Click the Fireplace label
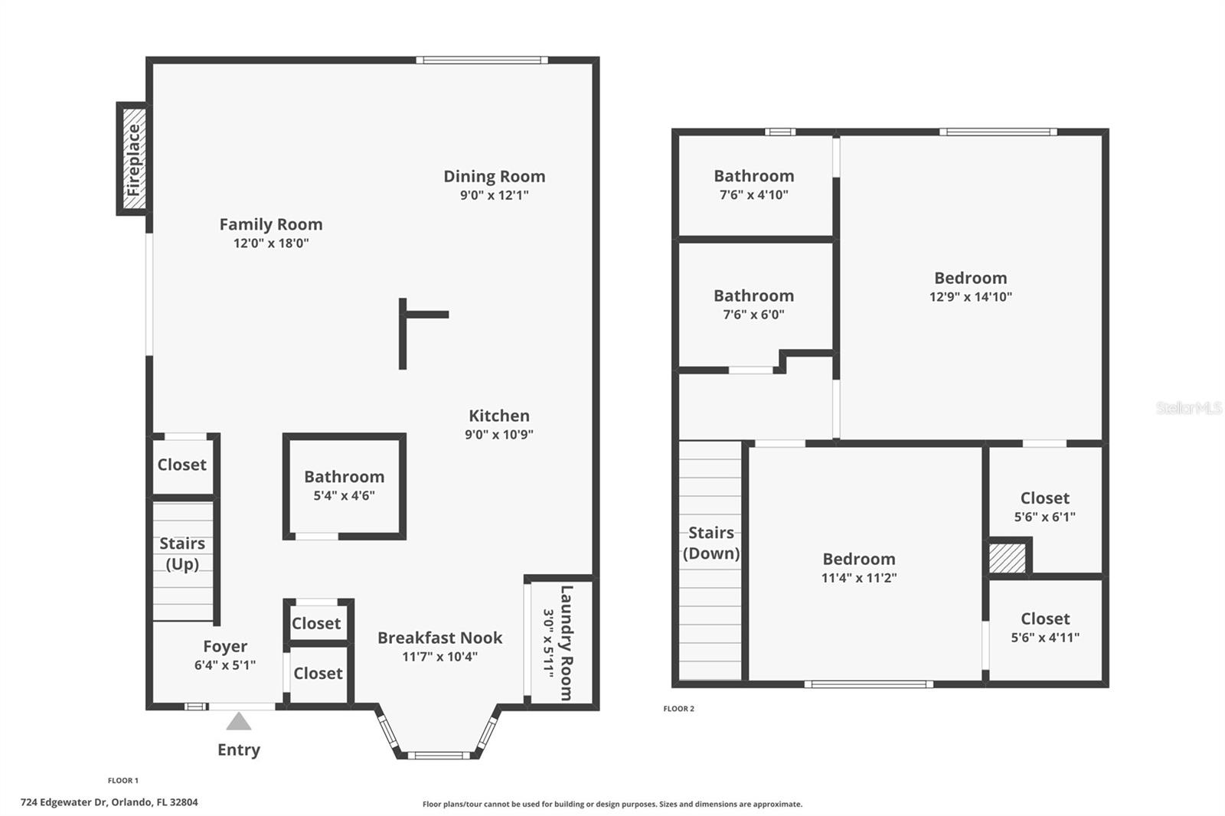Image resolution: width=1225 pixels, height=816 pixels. (x=134, y=159)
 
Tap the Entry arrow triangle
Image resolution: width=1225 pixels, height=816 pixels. (x=239, y=721)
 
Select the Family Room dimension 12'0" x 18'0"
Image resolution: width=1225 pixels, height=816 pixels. (x=271, y=243)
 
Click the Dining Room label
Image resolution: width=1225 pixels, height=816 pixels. (x=494, y=176)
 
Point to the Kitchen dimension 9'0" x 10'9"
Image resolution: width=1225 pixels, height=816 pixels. (x=499, y=435)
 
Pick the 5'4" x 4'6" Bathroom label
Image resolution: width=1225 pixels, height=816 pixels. (x=344, y=476)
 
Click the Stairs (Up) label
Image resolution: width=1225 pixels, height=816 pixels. (x=182, y=553)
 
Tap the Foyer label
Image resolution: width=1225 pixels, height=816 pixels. (x=225, y=646)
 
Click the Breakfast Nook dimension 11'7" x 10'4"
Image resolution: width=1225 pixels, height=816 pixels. (x=439, y=657)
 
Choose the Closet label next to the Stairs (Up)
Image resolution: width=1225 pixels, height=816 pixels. (x=181, y=465)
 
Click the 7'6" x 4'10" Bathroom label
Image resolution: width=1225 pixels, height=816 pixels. (x=753, y=176)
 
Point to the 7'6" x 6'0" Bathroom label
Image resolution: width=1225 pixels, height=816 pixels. (x=753, y=295)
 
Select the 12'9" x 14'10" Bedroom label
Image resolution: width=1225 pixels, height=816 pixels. (x=970, y=278)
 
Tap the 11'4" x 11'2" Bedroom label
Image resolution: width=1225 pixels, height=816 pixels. (x=858, y=559)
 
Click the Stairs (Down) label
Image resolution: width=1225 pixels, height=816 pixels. (x=710, y=543)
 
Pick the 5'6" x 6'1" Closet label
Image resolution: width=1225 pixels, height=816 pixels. (x=1044, y=498)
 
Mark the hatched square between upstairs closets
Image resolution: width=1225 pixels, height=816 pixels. (x=1007, y=557)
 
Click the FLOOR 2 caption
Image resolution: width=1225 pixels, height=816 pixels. (x=678, y=709)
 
